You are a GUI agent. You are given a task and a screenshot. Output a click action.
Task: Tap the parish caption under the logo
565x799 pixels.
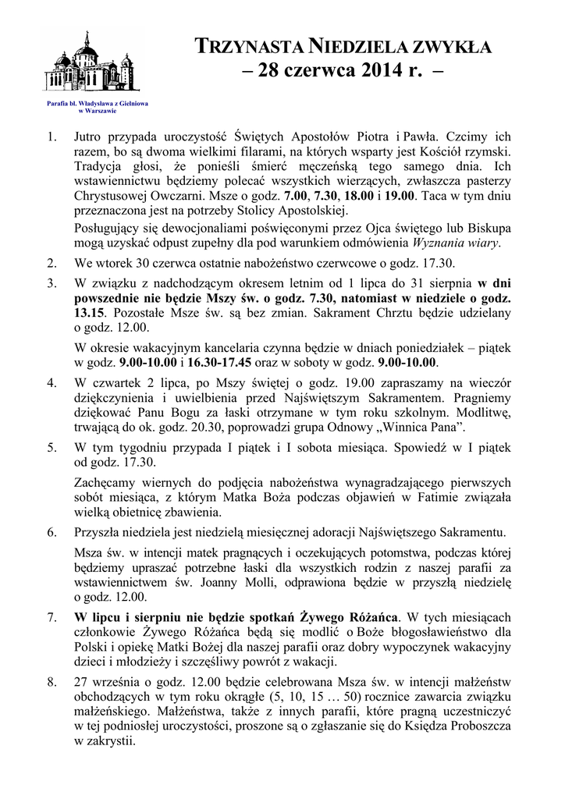point(98,107)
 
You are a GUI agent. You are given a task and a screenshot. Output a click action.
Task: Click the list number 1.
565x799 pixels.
point(52,138)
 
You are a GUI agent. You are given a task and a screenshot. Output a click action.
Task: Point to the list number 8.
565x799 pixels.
point(52,681)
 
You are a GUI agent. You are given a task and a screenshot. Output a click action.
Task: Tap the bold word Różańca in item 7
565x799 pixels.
point(370,616)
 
